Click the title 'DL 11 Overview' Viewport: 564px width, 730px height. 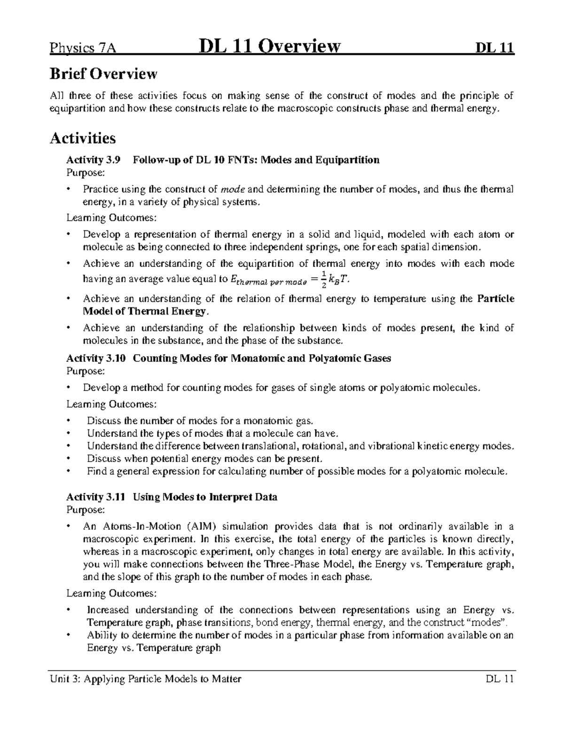pyautogui.click(x=270, y=47)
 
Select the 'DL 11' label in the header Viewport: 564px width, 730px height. pyautogui.click(x=495, y=48)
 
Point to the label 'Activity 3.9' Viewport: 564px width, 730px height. pyautogui.click(x=93, y=160)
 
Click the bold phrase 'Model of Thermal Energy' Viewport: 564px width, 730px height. pyautogui.click(x=144, y=311)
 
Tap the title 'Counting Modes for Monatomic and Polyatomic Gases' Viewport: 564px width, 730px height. pyautogui.click(x=262, y=358)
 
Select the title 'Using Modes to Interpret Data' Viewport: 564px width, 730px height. pyautogui.click(x=205, y=497)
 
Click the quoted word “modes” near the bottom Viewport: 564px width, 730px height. pyautogui.click(x=490, y=623)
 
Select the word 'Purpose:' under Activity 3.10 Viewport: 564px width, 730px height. pyautogui.click(x=85, y=371)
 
